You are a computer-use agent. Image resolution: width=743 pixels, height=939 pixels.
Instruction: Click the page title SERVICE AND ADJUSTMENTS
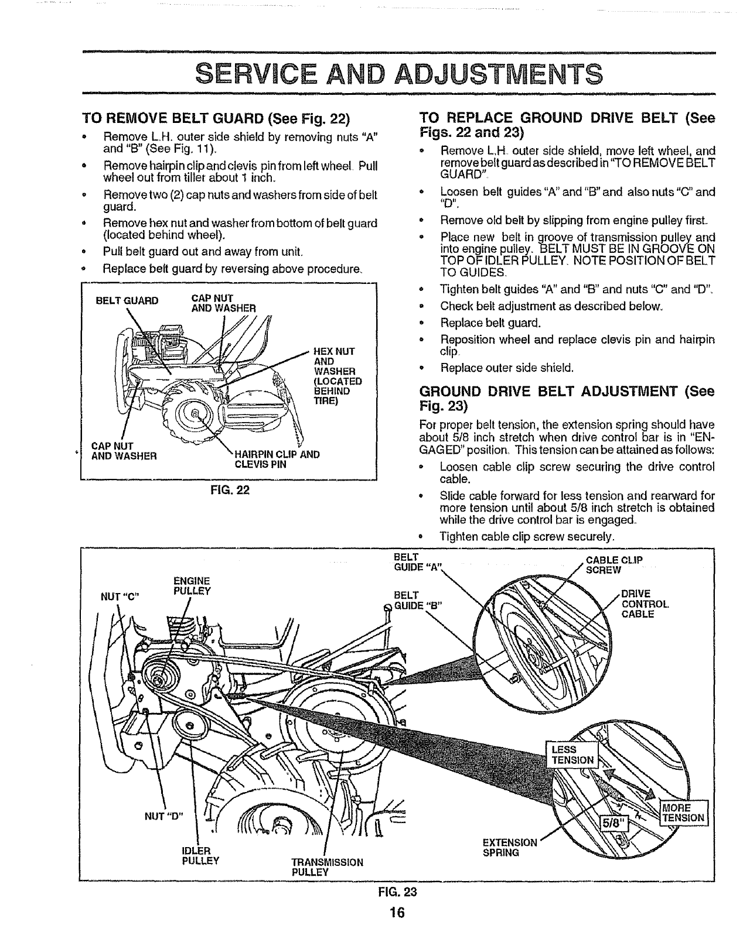pos(398,74)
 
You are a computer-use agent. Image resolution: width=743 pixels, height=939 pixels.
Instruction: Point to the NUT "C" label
pos(120,597)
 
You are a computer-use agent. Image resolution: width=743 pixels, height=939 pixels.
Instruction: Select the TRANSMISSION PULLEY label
pos(327,866)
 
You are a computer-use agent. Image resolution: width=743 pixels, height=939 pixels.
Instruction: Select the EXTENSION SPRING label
pos(509,847)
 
